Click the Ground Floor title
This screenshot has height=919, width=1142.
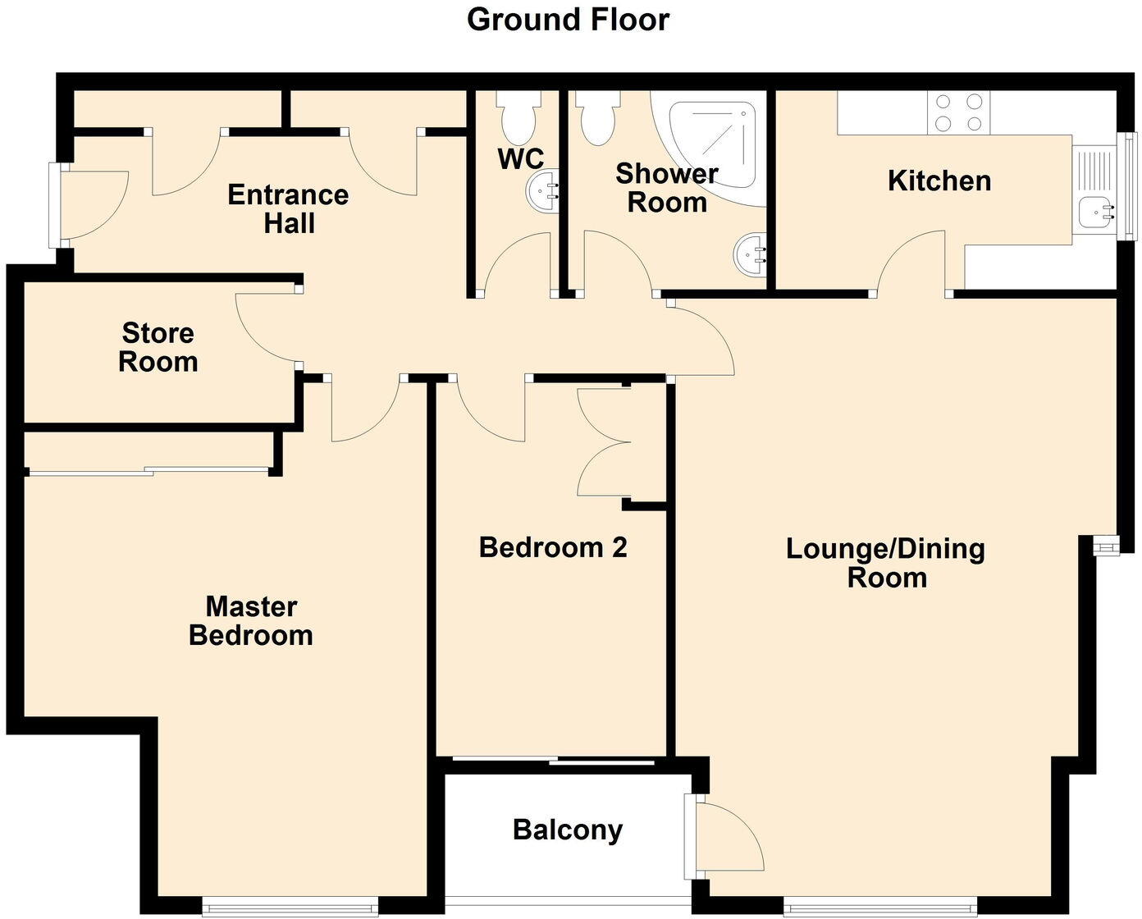point(568,20)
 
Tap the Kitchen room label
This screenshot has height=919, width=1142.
point(939,181)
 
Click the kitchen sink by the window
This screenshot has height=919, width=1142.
point(1097,211)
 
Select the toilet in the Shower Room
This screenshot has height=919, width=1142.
point(596,117)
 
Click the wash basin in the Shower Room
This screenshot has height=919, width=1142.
point(751,254)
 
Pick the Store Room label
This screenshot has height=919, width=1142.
point(158,348)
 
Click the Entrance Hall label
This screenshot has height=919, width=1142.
point(288,209)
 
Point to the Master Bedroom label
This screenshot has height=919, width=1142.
point(251,621)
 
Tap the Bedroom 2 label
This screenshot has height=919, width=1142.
point(553,547)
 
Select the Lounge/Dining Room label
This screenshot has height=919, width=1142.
point(886,563)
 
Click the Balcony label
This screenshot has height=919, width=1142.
point(568,830)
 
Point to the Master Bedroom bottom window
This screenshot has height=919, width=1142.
point(290,906)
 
